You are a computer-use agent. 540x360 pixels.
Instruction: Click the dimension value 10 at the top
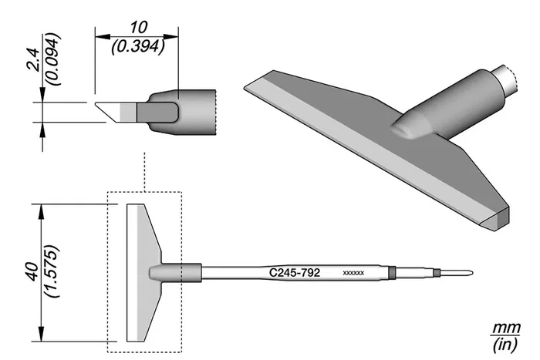(x=139, y=28)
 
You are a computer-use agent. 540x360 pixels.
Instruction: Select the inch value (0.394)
(x=138, y=46)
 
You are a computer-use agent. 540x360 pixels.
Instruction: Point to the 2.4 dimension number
(x=34, y=59)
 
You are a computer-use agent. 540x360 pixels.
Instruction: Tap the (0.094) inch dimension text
(x=53, y=59)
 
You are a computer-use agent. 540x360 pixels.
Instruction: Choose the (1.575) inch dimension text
(x=52, y=271)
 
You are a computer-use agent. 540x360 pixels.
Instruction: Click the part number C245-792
(x=295, y=273)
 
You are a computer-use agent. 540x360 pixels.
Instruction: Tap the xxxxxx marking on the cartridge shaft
(x=353, y=273)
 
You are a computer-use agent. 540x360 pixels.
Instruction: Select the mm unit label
(x=505, y=328)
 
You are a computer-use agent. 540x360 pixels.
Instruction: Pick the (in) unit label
(x=505, y=345)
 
